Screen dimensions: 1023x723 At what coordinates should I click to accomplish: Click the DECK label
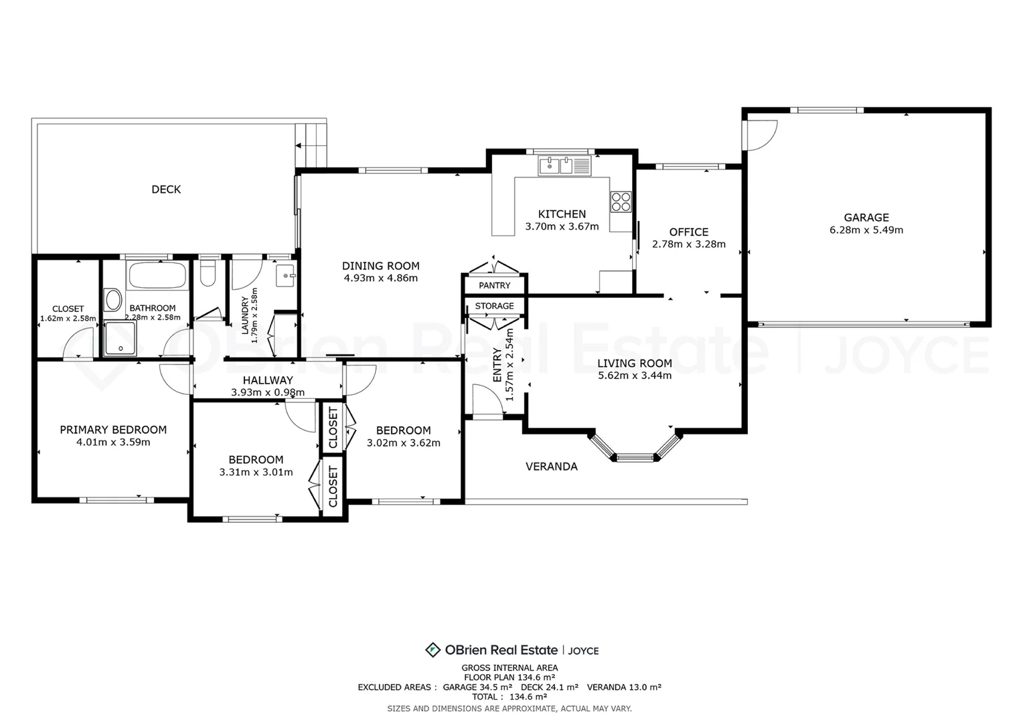[166, 189]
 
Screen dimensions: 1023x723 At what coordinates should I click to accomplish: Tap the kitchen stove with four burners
[621, 202]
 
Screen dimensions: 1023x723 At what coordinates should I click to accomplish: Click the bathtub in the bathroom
[157, 275]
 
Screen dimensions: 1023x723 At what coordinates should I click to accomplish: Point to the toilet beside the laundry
[208, 272]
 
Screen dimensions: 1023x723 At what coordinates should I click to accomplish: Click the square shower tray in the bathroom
[121, 339]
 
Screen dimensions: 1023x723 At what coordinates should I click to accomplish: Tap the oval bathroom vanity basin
[112, 300]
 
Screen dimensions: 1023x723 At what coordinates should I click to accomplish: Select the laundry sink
[286, 275]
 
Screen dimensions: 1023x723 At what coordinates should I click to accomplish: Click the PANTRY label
[495, 285]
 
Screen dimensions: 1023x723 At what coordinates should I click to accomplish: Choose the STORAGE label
[495, 306]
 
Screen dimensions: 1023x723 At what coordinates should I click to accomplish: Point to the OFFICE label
[689, 232]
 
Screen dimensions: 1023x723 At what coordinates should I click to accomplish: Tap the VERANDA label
[552, 467]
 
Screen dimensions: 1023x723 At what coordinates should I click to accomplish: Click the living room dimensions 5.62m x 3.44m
[635, 376]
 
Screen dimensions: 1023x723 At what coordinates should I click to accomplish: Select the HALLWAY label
[268, 380]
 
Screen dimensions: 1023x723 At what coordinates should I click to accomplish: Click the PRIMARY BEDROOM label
[113, 430]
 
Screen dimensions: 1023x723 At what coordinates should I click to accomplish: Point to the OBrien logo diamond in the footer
[432, 650]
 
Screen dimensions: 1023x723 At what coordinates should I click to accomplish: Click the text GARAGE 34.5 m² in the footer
[478, 688]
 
